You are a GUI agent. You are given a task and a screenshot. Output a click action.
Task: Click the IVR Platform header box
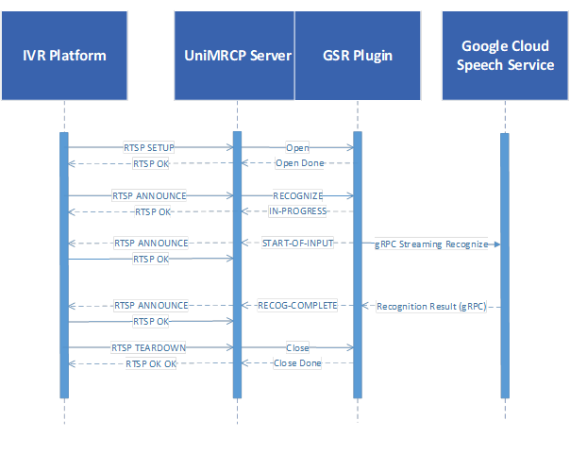tap(64, 56)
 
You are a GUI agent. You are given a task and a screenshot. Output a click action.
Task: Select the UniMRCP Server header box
tap(234, 56)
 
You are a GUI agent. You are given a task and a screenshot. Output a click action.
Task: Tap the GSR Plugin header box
tap(358, 56)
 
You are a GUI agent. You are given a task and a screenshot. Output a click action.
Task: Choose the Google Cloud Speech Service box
tap(505, 56)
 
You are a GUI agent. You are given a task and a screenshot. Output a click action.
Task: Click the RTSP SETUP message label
tap(149, 147)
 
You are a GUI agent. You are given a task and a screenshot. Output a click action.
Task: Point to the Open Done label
tap(299, 163)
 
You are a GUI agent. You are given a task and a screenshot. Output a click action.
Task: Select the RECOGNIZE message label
tap(297, 195)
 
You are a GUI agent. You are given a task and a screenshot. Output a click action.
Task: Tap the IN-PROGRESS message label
tap(297, 210)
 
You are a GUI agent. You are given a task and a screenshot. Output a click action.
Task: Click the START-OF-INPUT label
tap(297, 243)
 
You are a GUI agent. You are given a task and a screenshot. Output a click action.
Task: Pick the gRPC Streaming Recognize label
tap(431, 244)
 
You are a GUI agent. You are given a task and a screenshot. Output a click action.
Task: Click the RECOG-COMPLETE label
tap(297, 305)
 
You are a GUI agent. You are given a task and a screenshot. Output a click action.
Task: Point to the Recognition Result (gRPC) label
tap(431, 306)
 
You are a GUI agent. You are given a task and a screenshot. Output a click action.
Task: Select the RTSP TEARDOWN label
tap(149, 347)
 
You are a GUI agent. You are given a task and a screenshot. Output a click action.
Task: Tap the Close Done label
tap(297, 363)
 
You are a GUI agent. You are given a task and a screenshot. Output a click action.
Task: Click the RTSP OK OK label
tap(151, 363)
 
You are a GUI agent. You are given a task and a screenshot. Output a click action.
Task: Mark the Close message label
tap(297, 347)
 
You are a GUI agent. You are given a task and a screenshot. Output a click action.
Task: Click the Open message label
tap(297, 147)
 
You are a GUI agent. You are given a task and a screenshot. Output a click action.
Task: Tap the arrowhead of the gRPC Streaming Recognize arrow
tap(497, 244)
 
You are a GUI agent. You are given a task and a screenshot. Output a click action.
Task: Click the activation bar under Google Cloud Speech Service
tap(505, 265)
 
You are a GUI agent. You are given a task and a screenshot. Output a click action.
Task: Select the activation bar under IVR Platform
tap(64, 265)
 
